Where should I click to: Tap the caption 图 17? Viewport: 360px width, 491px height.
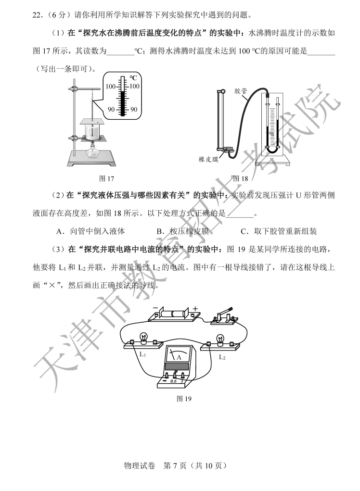click(106, 178)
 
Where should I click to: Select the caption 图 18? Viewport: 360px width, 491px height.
click(240, 178)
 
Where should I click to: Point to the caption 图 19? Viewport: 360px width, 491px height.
click(184, 399)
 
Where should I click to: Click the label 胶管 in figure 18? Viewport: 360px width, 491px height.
click(241, 91)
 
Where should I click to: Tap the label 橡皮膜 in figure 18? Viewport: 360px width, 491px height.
click(208, 159)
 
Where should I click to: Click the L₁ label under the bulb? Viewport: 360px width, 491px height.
click(142, 354)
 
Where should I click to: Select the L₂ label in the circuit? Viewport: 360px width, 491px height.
click(222, 357)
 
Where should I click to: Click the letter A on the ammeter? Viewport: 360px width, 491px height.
click(179, 357)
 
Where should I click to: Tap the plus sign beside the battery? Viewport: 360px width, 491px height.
click(195, 309)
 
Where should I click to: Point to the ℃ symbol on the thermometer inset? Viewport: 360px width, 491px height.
click(133, 78)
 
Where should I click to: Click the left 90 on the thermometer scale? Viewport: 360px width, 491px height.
click(111, 109)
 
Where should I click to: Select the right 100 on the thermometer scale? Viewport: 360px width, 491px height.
click(134, 86)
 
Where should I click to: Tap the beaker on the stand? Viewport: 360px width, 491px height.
click(92, 131)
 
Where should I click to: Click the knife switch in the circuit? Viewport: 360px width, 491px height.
click(224, 316)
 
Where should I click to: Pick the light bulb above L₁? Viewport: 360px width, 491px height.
click(143, 338)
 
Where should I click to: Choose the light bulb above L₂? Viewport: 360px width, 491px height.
click(220, 339)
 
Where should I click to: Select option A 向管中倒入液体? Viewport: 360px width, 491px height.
click(90, 231)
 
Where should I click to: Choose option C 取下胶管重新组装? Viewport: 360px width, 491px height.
click(279, 231)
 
